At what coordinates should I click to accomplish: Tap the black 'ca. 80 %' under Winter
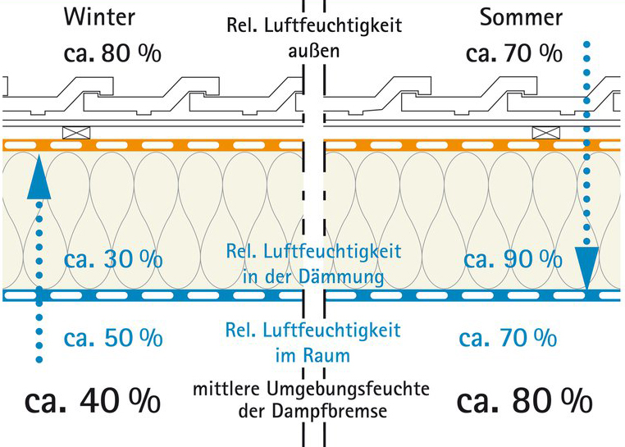tap(113, 53)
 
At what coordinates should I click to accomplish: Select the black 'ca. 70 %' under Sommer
tap(514, 53)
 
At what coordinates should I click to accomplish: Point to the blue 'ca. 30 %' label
tap(113, 259)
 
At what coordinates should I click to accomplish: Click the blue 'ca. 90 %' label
tap(513, 259)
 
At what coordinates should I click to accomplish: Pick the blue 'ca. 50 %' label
tap(113, 336)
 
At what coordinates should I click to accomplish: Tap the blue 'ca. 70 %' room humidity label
tap(508, 336)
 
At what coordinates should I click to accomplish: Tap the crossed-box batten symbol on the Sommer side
tap(545, 132)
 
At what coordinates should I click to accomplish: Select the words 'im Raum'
tap(314, 356)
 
